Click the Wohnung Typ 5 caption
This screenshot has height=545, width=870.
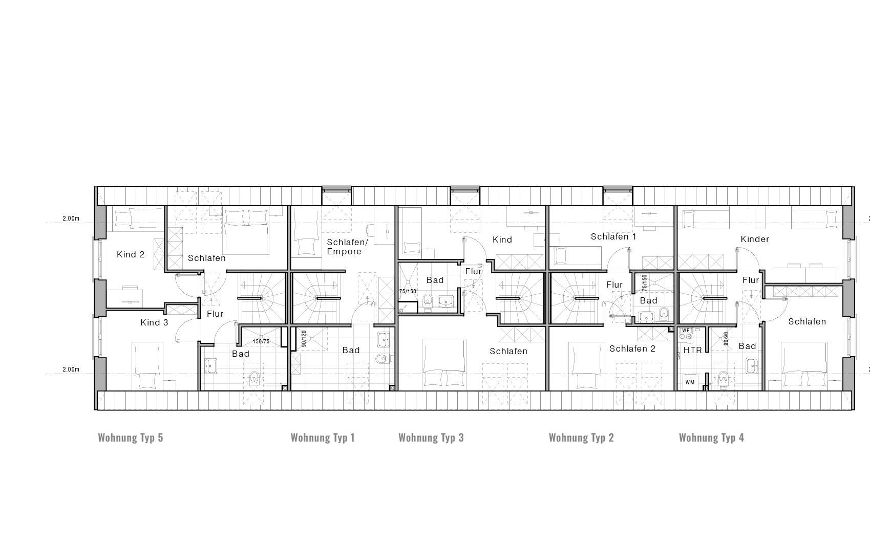point(130,438)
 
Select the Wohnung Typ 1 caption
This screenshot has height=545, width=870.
point(323,438)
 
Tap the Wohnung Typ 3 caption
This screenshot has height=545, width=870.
point(431,438)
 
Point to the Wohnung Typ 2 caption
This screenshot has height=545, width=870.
point(581,438)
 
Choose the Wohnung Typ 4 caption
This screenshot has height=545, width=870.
point(711,438)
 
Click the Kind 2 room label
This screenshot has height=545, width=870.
point(131,254)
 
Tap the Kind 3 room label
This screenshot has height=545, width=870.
point(154,322)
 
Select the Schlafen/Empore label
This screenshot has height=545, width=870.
point(347,247)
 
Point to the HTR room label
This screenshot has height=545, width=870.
point(692,351)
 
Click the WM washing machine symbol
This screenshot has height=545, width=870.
point(690,382)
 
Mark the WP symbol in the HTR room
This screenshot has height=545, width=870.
point(686,331)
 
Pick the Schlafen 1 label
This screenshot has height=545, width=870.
point(613,236)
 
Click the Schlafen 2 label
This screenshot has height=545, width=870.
point(632,348)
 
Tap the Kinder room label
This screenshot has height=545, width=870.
point(754,239)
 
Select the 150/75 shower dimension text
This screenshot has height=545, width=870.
point(261,341)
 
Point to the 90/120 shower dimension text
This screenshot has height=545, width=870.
point(304,339)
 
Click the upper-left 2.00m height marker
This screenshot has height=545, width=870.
point(71,219)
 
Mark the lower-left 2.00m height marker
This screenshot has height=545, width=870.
point(71,369)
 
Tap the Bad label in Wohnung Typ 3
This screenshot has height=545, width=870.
point(435,280)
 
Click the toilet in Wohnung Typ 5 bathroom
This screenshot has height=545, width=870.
point(254,378)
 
